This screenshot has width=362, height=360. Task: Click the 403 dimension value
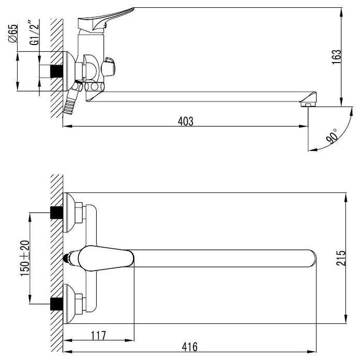click(x=185, y=122)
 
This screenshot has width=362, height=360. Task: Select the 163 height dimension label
click(x=337, y=57)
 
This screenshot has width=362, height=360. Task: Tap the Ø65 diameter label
click(x=13, y=33)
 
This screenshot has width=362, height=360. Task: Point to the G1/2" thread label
click(x=34, y=33)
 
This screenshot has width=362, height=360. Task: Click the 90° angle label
click(x=332, y=136)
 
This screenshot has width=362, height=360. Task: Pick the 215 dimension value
click(x=341, y=258)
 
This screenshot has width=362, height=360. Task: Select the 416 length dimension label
click(x=190, y=347)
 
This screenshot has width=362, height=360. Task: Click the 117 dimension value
click(x=98, y=336)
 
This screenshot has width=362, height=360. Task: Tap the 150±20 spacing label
click(x=25, y=258)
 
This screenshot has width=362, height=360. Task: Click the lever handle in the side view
click(x=106, y=19)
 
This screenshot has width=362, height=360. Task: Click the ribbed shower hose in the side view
click(x=70, y=105)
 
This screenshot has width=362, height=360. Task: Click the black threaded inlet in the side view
click(x=56, y=71)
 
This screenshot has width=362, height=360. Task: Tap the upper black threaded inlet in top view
click(x=56, y=213)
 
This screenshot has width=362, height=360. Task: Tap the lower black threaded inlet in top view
click(x=56, y=304)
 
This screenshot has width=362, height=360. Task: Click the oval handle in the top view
click(x=106, y=258)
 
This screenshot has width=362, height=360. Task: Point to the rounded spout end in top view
click(x=312, y=258)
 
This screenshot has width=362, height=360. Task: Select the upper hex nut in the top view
click(x=79, y=213)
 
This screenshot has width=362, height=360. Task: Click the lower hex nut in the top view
click(x=79, y=304)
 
